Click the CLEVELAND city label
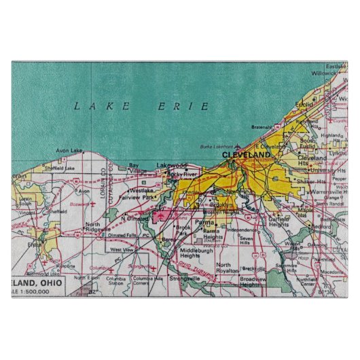click(x=247, y=155)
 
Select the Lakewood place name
click(x=170, y=165)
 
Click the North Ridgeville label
click(x=96, y=227)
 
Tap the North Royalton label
click(x=228, y=268)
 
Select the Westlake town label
click(x=142, y=191)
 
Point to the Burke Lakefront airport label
click(x=215, y=146)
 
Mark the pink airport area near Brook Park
click(x=163, y=215)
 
